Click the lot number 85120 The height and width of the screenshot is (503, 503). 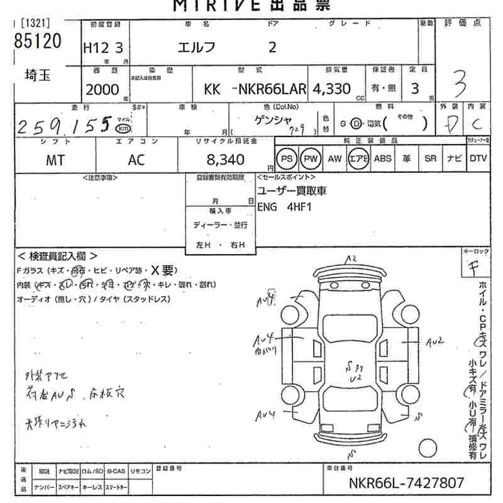[x=38, y=43]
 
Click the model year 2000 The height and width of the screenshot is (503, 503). [x=102, y=89]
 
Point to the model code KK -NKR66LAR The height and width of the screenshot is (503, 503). [x=255, y=89]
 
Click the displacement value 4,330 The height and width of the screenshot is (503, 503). [x=333, y=89]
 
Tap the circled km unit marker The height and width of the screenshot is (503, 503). [x=125, y=130]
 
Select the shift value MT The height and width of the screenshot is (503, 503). [x=55, y=160]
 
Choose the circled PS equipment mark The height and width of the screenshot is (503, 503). [x=286, y=159]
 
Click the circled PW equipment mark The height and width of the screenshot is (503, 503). [x=310, y=159]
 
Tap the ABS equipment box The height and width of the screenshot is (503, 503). [x=382, y=159]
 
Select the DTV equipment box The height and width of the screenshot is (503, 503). [x=478, y=159]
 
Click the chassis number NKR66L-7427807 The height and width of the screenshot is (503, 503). [x=406, y=483]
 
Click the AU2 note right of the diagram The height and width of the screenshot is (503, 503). [x=435, y=341]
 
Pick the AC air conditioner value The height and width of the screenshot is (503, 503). [x=136, y=160]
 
